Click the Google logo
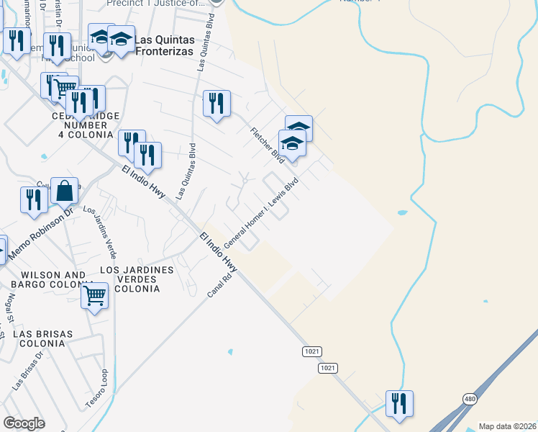[24, 423]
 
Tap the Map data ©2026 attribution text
[507, 426]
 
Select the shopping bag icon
[64, 192]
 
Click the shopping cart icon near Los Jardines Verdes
[95, 296]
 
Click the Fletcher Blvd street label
[268, 145]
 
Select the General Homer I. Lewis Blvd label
[260, 214]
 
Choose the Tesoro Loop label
[104, 389]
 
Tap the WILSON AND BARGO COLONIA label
[53, 280]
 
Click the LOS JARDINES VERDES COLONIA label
[137, 279]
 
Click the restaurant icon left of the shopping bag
[34, 201]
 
